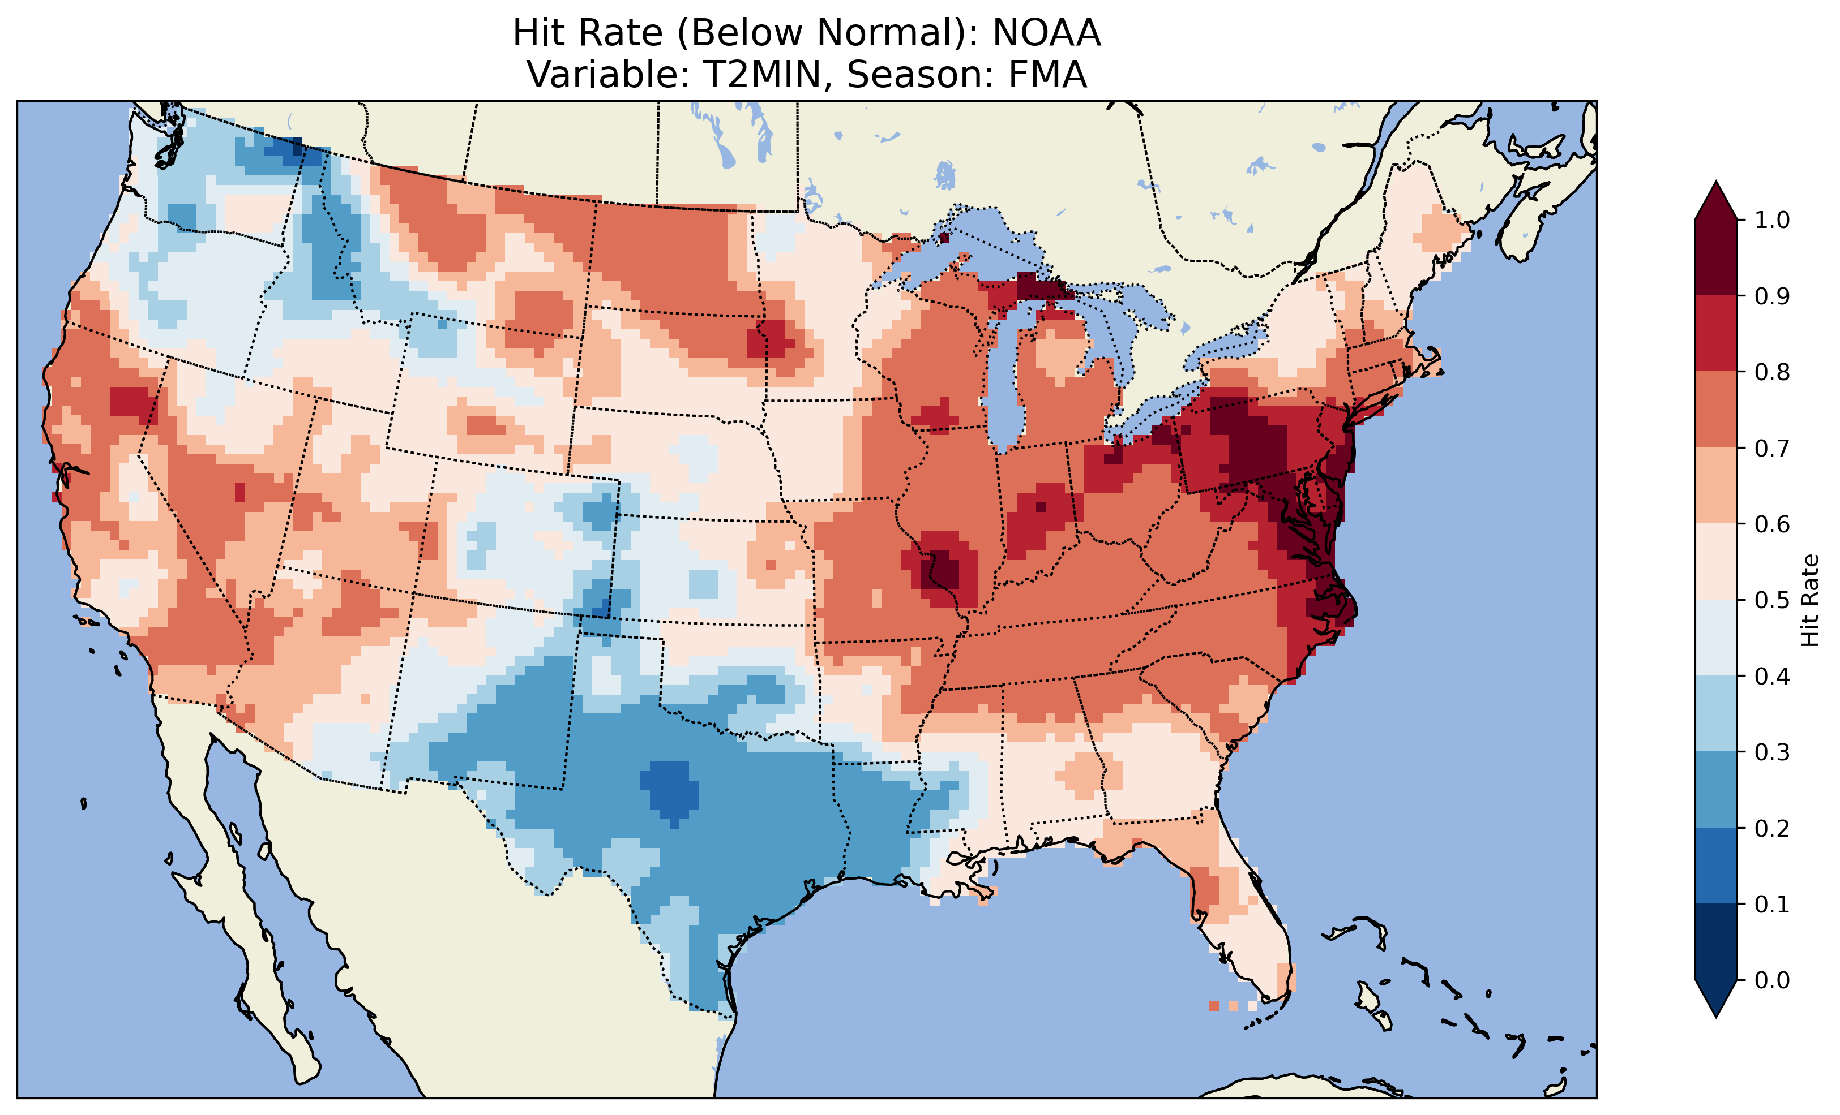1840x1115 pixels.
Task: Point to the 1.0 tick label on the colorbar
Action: pos(1772,220)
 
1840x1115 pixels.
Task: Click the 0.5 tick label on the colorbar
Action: pos(1772,600)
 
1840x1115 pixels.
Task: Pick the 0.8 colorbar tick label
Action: pos(1772,372)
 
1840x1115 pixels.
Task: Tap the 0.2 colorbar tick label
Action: pos(1772,828)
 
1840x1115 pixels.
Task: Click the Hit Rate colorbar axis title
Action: pos(1809,600)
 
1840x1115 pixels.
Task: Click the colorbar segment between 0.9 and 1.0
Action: pos(1716,257)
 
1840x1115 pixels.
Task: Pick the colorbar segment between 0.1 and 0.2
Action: pos(1716,866)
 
